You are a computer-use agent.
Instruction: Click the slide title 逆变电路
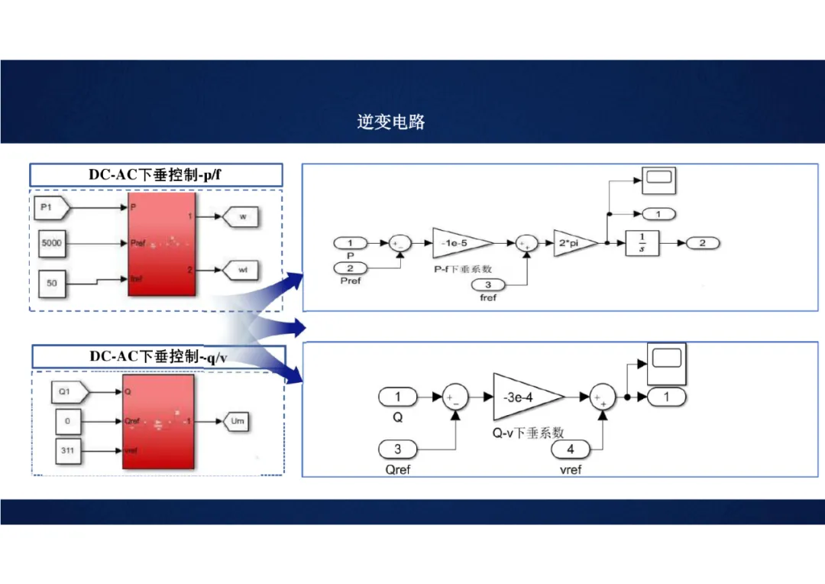click(x=390, y=122)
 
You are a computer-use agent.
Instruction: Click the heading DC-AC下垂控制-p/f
click(x=155, y=174)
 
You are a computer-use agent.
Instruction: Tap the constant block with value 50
click(x=52, y=284)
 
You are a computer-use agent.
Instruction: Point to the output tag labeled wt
click(x=241, y=269)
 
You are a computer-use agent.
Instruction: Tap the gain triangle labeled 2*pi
click(x=571, y=243)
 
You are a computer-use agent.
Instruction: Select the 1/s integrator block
click(x=642, y=243)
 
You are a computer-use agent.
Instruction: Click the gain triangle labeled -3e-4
click(x=524, y=397)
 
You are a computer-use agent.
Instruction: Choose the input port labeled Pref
click(x=351, y=268)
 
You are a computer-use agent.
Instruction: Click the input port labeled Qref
click(x=397, y=449)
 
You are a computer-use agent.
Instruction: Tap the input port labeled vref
click(x=570, y=449)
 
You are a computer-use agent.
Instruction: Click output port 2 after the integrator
click(x=703, y=243)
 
